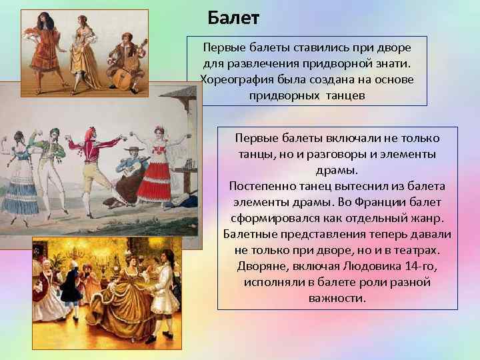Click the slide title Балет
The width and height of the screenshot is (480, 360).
pos(233,17)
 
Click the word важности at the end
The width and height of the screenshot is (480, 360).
pos(337,298)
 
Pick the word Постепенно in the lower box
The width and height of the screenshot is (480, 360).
pos(257,185)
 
